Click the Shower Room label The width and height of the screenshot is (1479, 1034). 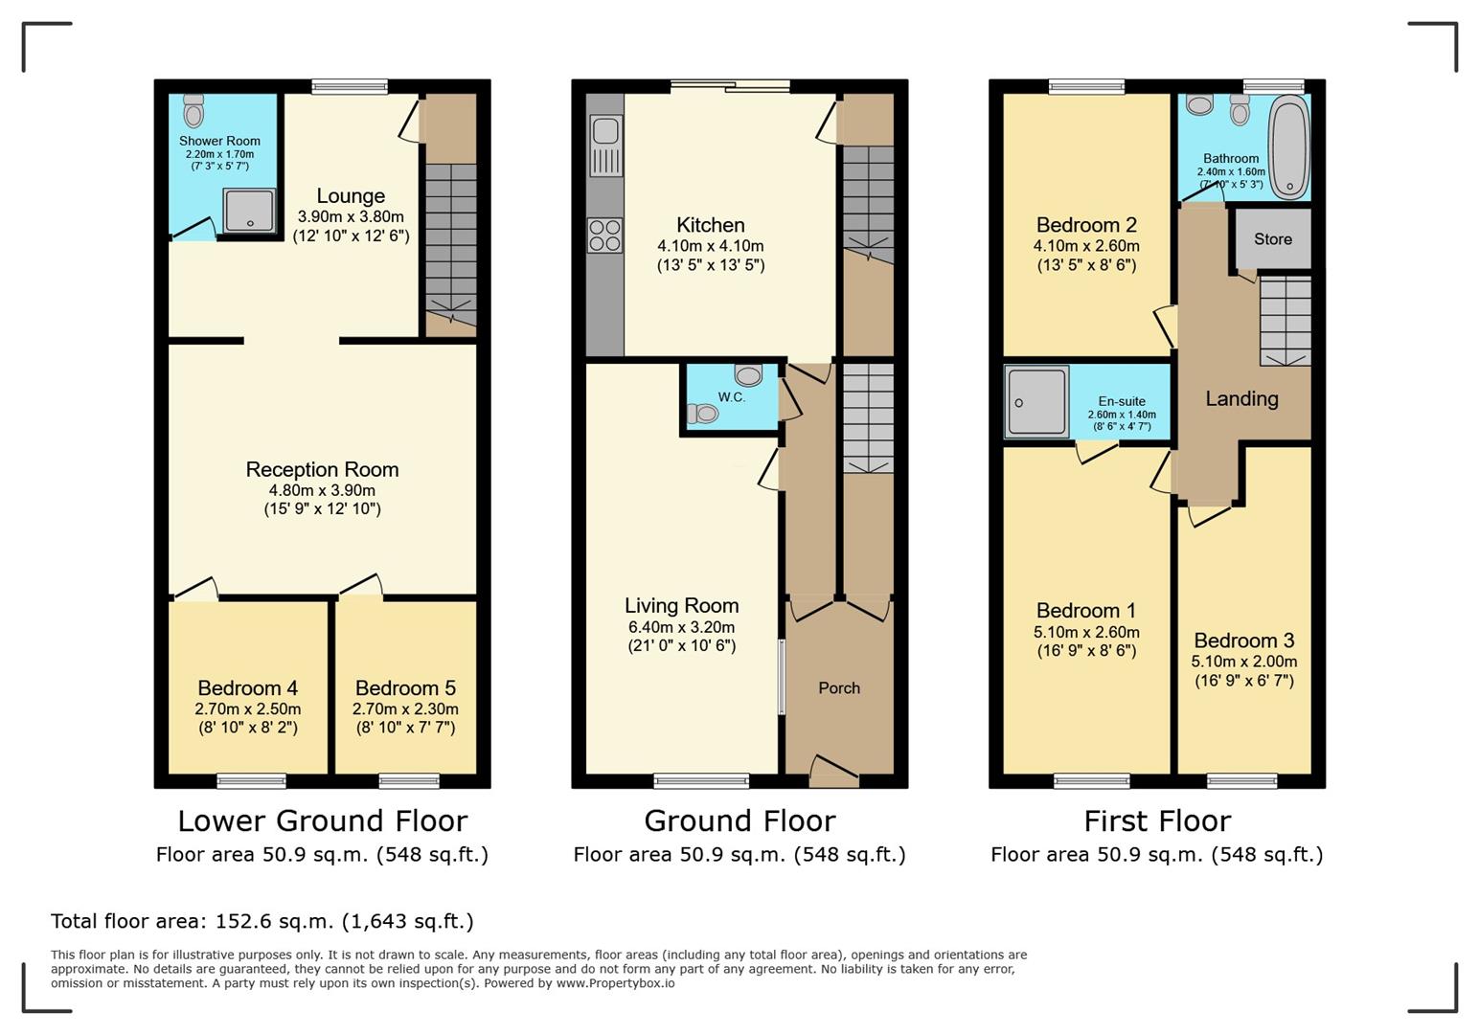(x=219, y=141)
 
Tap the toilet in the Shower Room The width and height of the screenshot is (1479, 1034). (x=193, y=110)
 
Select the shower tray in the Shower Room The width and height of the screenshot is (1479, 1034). (x=249, y=212)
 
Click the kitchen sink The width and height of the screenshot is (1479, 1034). (x=604, y=146)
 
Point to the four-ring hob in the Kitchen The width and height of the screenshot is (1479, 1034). (x=604, y=236)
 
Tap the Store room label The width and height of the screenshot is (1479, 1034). (x=1272, y=238)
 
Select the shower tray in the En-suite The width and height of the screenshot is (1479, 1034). (x=1035, y=401)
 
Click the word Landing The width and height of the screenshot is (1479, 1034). (x=1241, y=398)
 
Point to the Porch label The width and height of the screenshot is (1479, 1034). (x=839, y=687)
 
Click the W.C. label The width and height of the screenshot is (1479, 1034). (x=732, y=397)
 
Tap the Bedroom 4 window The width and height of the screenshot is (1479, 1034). (x=252, y=781)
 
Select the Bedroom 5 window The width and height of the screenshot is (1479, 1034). (x=409, y=781)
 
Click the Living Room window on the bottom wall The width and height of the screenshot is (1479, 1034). (x=701, y=781)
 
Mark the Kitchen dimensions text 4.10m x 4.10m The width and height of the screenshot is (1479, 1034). (x=711, y=246)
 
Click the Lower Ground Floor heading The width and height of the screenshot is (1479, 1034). (x=323, y=820)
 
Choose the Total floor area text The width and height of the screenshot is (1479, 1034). (x=262, y=921)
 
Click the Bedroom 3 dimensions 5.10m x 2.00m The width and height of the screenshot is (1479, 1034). (x=1244, y=662)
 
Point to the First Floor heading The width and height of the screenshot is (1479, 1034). (x=1157, y=820)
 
